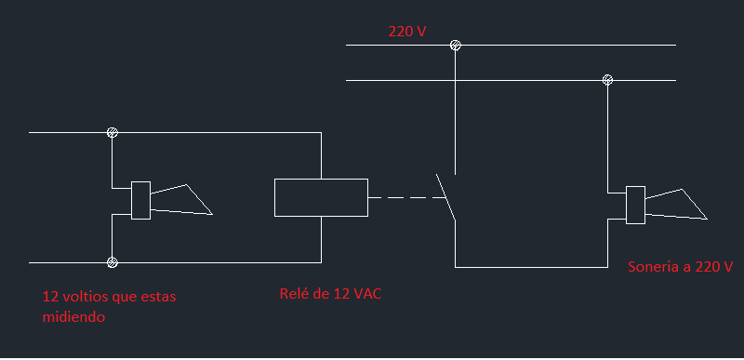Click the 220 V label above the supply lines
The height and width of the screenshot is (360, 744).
[407, 32]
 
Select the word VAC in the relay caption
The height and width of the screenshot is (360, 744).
[367, 294]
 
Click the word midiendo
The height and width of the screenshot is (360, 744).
[73, 317]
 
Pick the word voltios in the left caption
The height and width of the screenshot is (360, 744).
[86, 298]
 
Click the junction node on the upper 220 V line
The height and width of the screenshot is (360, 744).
[455, 45]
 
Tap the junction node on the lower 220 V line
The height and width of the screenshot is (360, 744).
[607, 80]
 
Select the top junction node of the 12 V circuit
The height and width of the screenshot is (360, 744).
[112, 132]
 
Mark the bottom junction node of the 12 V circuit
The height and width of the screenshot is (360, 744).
[112, 262]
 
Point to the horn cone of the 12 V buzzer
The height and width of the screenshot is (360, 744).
[186, 184]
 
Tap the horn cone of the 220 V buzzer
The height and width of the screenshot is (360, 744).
[682, 189]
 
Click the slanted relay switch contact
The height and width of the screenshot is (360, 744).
[446, 197]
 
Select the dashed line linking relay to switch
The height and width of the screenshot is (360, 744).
[406, 197]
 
